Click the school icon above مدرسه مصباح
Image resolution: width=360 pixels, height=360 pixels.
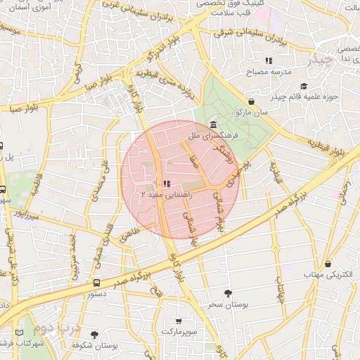click(x=269, y=60)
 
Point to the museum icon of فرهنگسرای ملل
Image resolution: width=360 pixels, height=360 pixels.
click(x=213, y=124)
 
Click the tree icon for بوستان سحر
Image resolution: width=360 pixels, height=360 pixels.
click(x=226, y=292)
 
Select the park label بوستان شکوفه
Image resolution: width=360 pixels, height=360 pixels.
click(x=94, y=346)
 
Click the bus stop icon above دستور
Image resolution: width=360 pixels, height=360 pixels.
click(x=96, y=283)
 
